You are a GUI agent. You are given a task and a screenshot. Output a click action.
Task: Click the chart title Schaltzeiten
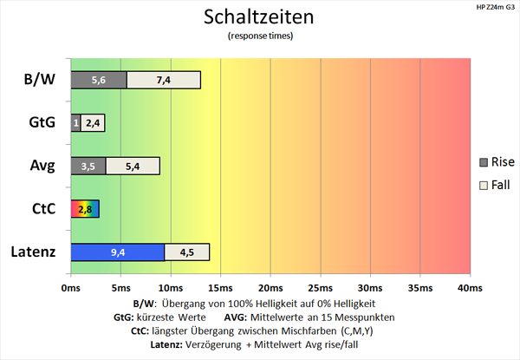pyautogui.click(x=259, y=16)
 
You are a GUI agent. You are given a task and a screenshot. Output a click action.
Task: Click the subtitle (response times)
pyautogui.click(x=259, y=36)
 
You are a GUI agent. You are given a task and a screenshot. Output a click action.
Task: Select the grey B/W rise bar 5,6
pyautogui.click(x=98, y=80)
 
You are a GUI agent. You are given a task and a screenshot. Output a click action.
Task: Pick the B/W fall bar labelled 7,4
pyautogui.click(x=164, y=80)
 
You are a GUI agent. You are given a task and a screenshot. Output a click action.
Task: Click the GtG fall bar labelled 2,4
pyautogui.click(x=94, y=122)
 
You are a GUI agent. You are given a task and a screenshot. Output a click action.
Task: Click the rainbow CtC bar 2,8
pyautogui.click(x=85, y=209)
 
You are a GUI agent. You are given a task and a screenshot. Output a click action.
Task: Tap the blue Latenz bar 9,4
pyautogui.click(x=117, y=252)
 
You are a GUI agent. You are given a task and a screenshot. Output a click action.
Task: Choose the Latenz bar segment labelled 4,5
pyautogui.click(x=186, y=252)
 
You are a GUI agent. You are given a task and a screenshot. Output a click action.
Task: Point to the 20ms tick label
pyautogui.click(x=270, y=288)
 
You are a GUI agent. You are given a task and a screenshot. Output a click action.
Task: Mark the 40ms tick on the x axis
pyautogui.click(x=469, y=288)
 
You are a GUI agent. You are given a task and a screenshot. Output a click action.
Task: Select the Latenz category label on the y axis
pyautogui.click(x=32, y=252)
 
